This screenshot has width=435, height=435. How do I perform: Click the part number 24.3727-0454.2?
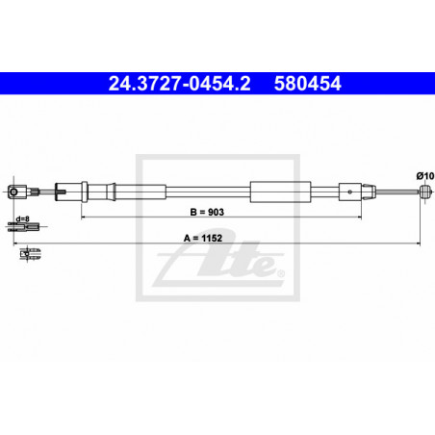(179, 84)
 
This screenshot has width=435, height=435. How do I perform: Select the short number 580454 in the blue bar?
(307, 84)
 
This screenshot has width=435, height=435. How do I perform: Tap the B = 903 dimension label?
(207, 212)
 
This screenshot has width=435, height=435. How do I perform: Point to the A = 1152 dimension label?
(203, 238)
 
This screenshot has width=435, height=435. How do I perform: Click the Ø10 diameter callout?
(425, 176)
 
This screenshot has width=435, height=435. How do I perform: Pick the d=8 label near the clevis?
(22, 218)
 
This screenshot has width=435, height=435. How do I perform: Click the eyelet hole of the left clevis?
(13, 192)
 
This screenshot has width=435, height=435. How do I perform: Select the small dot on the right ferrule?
(350, 192)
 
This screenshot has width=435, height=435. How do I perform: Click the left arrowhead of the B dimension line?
(83, 217)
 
